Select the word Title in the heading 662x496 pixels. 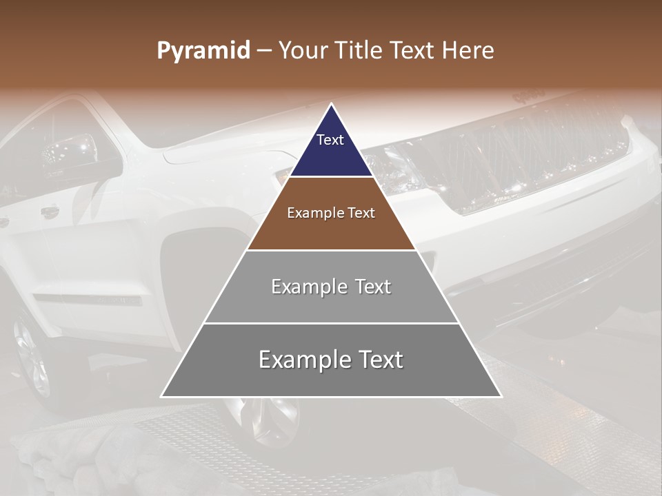click(x=358, y=51)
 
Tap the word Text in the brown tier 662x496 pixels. click(x=360, y=214)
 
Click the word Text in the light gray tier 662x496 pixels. click(x=372, y=287)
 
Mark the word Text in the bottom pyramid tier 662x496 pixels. click(x=380, y=360)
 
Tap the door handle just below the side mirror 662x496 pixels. click(x=50, y=212)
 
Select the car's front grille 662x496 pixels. click(x=524, y=155)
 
